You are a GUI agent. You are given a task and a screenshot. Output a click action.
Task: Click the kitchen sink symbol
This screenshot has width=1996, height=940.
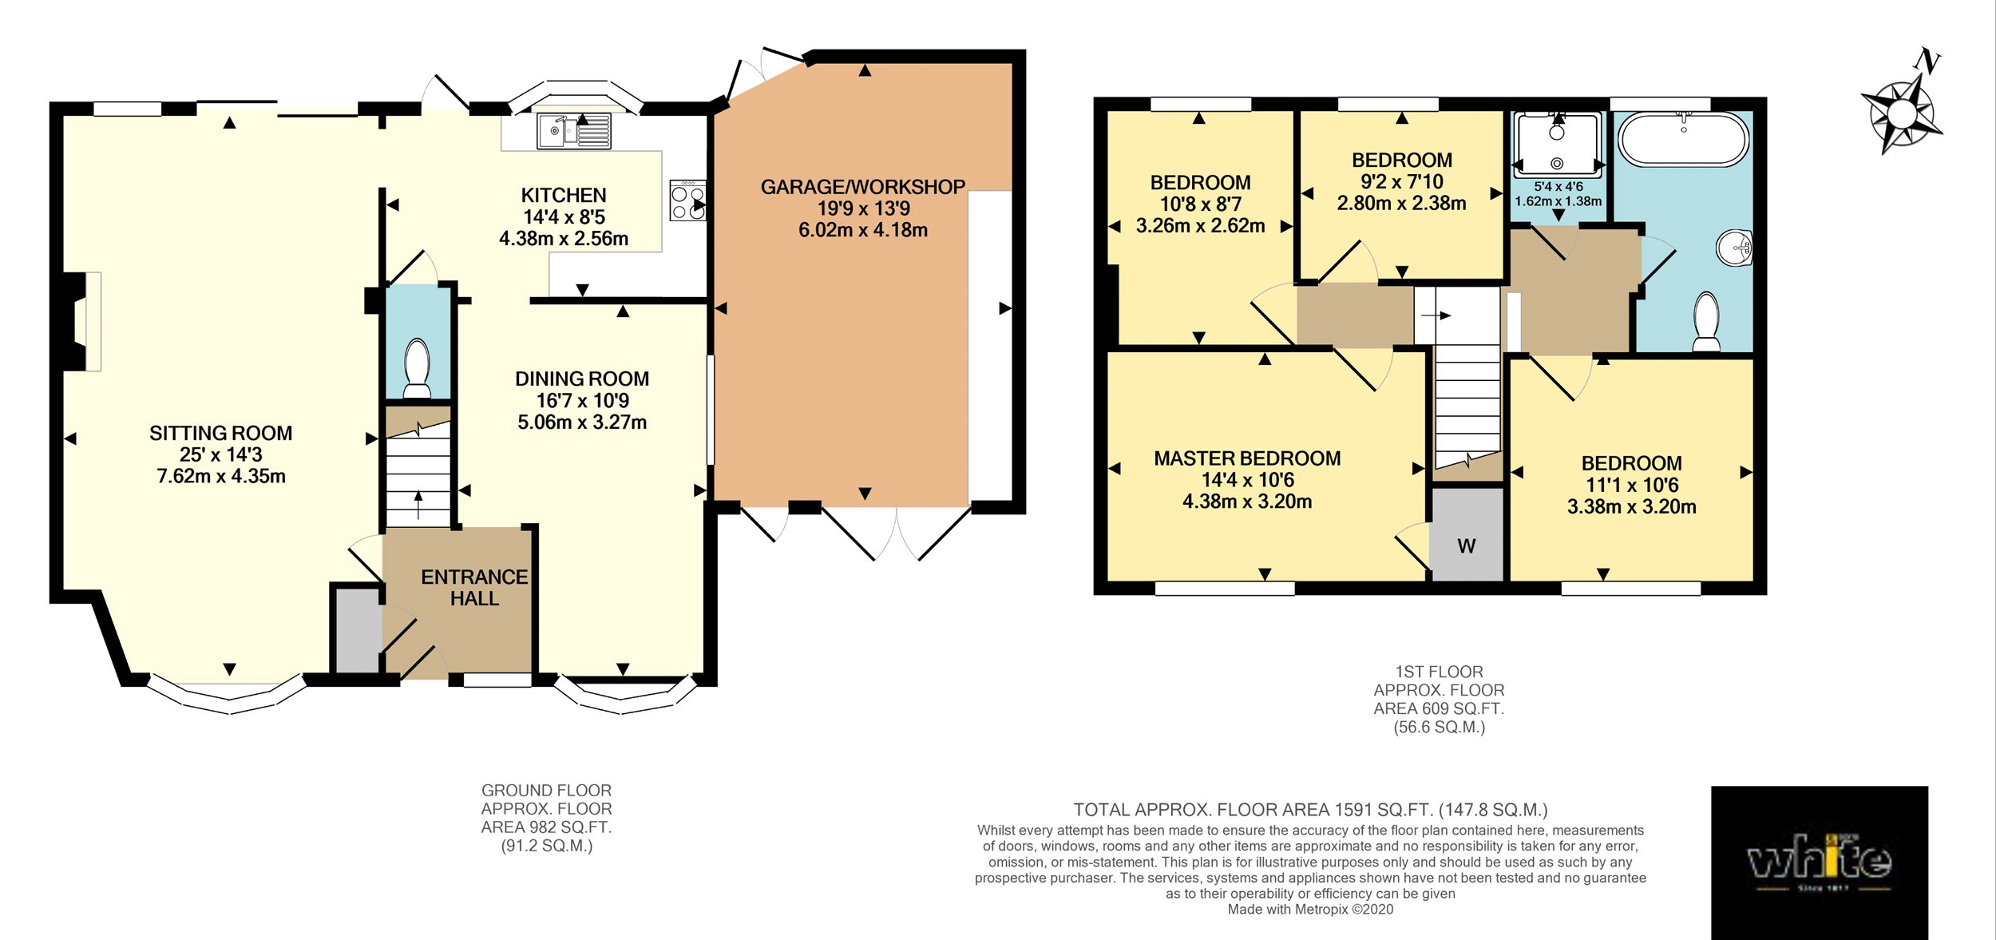click(x=574, y=131)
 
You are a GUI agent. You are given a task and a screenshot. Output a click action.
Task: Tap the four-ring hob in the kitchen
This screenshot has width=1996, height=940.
click(x=687, y=200)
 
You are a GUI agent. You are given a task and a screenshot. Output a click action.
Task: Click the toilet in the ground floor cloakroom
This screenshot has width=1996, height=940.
click(x=417, y=368)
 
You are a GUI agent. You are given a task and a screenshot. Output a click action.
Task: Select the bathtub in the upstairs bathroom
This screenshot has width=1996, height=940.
click(x=1683, y=139)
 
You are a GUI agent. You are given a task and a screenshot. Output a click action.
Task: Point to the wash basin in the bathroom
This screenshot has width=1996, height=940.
click(x=1734, y=248)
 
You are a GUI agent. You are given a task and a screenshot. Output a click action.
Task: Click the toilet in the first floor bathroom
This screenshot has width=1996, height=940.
click(x=1706, y=322)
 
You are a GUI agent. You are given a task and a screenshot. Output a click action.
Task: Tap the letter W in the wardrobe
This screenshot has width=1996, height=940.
click(x=1466, y=546)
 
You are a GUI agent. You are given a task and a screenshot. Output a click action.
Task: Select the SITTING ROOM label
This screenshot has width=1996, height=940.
click(x=220, y=433)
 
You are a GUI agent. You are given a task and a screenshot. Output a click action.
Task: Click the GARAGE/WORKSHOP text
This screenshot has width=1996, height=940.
click(x=862, y=187)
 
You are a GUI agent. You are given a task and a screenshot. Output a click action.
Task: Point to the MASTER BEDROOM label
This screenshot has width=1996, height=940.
click(x=1246, y=458)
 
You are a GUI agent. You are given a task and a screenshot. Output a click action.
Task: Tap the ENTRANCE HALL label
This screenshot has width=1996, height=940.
click(x=474, y=587)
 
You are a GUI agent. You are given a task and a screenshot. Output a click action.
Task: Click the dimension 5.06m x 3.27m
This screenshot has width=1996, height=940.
click(x=581, y=422)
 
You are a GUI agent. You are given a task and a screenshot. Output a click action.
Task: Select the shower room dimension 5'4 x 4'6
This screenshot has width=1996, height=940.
click(x=1558, y=187)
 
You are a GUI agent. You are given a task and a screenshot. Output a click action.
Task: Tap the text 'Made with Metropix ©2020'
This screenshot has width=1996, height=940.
click(x=1309, y=909)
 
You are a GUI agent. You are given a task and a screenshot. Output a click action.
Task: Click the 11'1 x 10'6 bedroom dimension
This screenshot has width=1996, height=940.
click(x=1631, y=485)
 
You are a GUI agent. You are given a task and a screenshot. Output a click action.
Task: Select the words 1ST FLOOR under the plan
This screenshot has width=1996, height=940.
click(x=1439, y=672)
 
